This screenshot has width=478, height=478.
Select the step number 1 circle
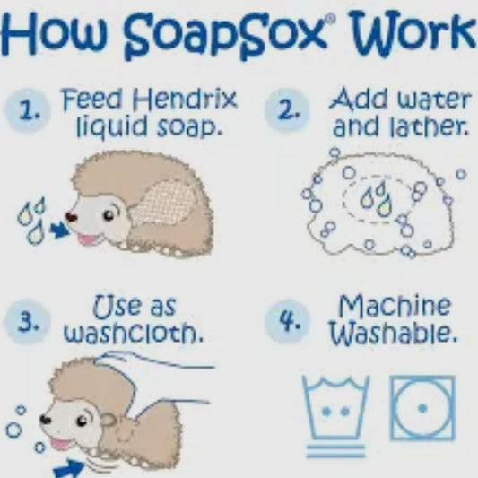(x=28, y=111)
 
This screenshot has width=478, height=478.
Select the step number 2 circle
(x=287, y=110)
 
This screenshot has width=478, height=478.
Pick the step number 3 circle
(x=28, y=322)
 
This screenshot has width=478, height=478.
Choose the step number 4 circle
(x=288, y=321)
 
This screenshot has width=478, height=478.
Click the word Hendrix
(x=185, y=100)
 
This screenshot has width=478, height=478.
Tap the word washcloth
(x=134, y=333)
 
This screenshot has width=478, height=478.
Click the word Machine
(x=395, y=306)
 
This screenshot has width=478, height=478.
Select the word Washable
(x=394, y=333)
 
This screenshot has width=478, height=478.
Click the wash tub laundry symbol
(x=335, y=416)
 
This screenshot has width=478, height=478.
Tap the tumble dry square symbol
(x=422, y=408)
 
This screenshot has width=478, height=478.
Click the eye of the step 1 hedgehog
(x=109, y=216)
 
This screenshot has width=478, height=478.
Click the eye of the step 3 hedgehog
(x=82, y=422)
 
